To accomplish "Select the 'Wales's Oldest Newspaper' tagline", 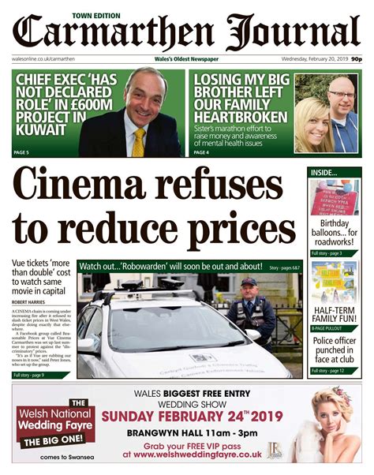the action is tap(186, 59).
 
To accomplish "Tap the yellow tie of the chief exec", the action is tap(139, 141).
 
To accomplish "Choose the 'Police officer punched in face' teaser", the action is tap(334, 350).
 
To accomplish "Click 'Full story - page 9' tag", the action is tap(34, 375).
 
